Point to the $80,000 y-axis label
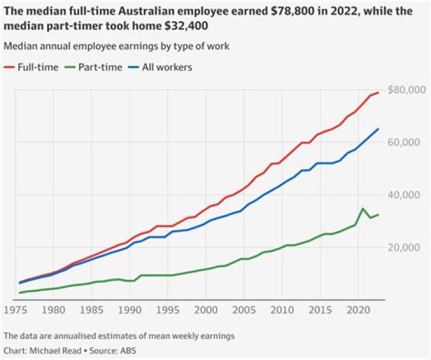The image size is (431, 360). pos(405,90)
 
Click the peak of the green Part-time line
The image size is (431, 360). pos(363,209)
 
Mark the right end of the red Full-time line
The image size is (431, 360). pos(378,93)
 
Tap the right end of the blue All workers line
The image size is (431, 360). pos(378,129)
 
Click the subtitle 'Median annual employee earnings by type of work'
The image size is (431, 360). pos(116,46)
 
